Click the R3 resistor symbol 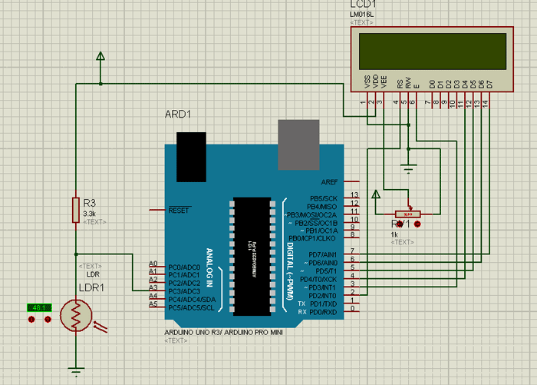(x=75, y=209)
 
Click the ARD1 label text (x=178, y=115)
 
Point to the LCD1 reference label (x=362, y=5)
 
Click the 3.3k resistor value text (x=89, y=213)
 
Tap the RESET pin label (x=179, y=210)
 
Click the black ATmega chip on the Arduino (x=252, y=256)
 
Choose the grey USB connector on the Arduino (x=298, y=144)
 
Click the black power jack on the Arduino (x=190, y=156)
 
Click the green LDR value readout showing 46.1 (x=38, y=307)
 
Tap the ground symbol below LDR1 (x=75, y=372)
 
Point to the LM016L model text (x=361, y=15)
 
